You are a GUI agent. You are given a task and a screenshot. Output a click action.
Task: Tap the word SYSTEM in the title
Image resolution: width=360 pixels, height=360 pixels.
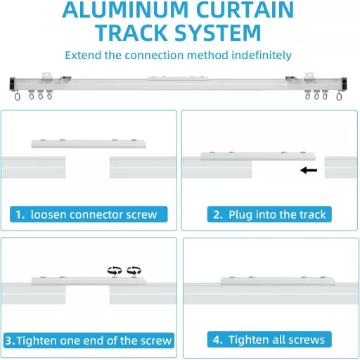[x=218, y=33]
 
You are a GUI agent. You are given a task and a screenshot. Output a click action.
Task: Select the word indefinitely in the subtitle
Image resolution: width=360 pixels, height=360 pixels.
[x=262, y=56]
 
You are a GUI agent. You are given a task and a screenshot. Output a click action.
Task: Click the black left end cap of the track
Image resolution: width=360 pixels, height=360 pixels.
[x=13, y=84]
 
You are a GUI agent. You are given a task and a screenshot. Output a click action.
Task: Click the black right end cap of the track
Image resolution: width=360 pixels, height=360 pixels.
[x=344, y=84]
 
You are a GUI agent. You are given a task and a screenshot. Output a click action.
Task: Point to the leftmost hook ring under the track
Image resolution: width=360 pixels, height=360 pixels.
[x=17, y=96]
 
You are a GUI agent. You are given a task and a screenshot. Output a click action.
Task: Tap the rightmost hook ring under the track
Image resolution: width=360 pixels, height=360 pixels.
[x=339, y=96]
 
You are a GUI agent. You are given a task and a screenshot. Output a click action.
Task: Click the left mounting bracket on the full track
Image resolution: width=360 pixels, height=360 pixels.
[x=46, y=77]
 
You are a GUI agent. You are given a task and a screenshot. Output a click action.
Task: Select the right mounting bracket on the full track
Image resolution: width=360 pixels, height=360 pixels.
[x=309, y=77]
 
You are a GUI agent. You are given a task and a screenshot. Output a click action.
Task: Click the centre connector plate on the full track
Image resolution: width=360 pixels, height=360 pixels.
[x=178, y=78]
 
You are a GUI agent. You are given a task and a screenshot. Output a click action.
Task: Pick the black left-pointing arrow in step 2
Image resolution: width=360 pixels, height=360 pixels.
[x=309, y=170]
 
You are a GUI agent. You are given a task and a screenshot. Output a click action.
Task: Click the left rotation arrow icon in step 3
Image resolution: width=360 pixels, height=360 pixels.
[x=115, y=271]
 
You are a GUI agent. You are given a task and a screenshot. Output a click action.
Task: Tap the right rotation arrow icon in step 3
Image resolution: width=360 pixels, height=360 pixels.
[x=134, y=271]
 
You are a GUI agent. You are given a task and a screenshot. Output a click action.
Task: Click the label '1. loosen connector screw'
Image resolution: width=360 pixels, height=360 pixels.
[x=89, y=214]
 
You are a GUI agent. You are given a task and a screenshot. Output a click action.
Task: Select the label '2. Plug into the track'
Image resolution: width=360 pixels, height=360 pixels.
[x=269, y=214]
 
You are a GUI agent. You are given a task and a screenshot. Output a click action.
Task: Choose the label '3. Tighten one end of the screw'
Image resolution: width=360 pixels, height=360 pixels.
[x=89, y=340]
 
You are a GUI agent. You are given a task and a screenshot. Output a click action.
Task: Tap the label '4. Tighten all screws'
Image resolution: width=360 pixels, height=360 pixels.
[x=269, y=340]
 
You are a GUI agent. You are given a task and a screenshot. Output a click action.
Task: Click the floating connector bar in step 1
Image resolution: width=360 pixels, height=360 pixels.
[x=89, y=143]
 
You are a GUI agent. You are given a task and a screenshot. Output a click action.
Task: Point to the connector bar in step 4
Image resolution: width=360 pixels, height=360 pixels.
[x=278, y=281]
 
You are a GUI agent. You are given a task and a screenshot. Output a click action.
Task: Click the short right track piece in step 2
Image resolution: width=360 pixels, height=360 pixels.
[x=341, y=167]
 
